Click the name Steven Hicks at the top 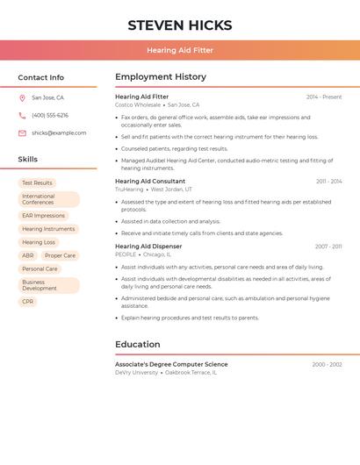point(180,25)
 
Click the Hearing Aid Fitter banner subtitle point(180,50)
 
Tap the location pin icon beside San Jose point(22,98)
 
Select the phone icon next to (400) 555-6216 point(22,116)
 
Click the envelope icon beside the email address point(22,133)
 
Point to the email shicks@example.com point(59,133)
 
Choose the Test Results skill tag point(37,183)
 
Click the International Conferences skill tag point(48,199)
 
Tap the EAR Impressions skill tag point(43,216)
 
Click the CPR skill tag point(28,302)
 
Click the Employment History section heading point(161,77)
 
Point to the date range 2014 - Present point(324,97)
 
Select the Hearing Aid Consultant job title point(150,182)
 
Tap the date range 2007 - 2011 point(328,247)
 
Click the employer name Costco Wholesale point(138,105)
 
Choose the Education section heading point(138,345)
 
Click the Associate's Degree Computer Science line point(171,364)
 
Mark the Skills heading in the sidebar point(28,160)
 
